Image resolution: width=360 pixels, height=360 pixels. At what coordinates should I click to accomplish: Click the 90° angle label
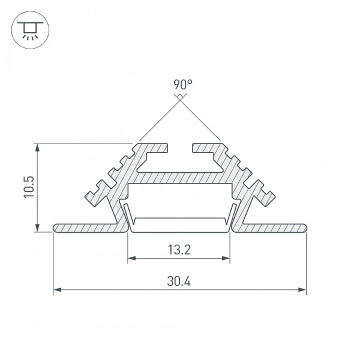[183, 85]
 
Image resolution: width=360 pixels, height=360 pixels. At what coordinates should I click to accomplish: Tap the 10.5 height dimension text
[29, 187]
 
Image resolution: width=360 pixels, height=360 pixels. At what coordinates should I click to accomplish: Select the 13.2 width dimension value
[179, 250]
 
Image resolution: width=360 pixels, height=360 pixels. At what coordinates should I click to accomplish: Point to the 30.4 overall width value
[179, 281]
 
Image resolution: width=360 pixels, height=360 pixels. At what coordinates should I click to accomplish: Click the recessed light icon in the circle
[30, 31]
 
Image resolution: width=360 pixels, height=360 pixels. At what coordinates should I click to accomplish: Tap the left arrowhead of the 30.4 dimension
[57, 290]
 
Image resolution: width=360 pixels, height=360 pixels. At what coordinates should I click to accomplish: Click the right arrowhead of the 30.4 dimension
[302, 290]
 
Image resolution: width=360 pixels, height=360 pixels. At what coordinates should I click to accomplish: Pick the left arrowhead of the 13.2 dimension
[131, 258]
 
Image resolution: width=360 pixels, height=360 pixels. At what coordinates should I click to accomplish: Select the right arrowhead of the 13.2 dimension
[226, 258]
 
